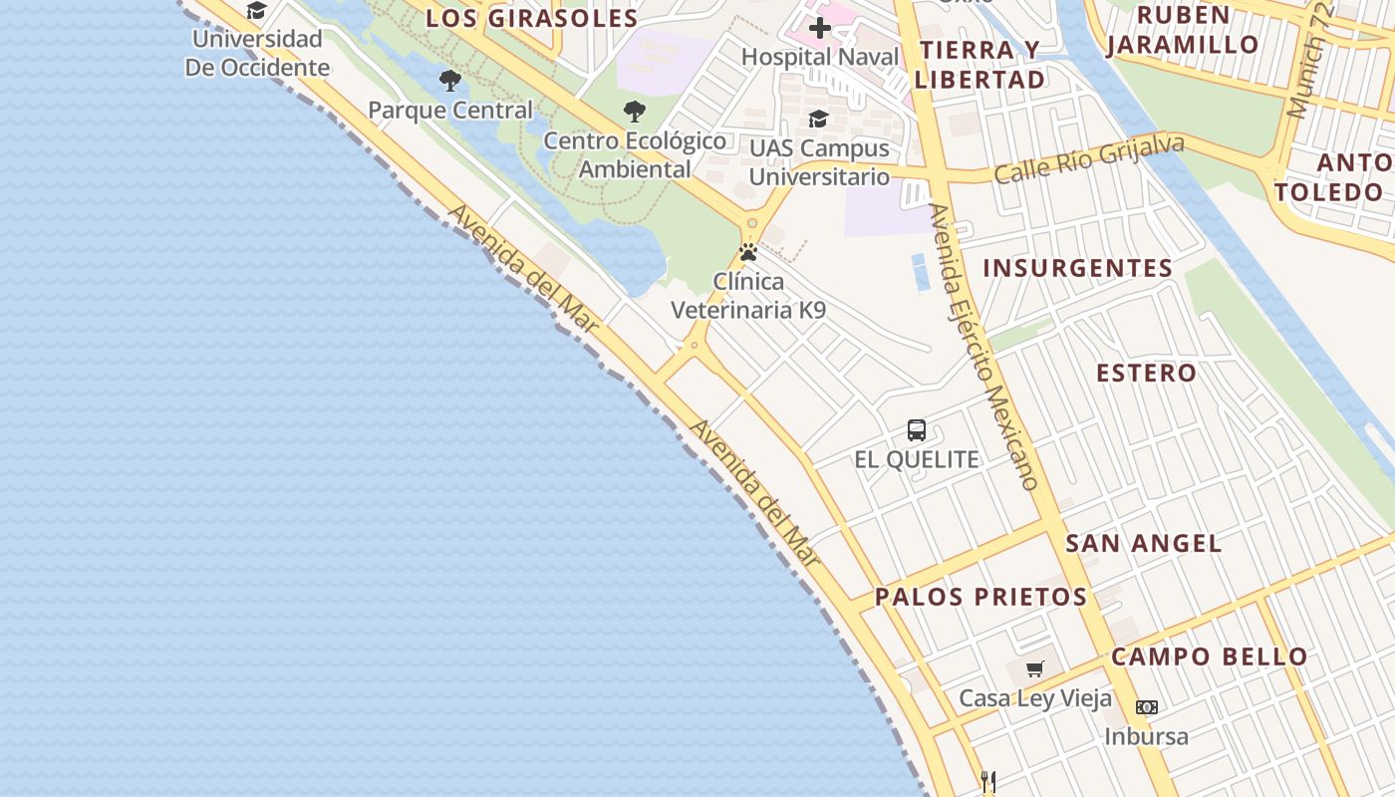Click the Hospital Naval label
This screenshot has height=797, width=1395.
point(820,57)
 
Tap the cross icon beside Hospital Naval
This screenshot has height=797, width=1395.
point(820,28)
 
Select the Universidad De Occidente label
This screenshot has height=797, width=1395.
point(257,54)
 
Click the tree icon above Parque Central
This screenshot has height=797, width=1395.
point(450,81)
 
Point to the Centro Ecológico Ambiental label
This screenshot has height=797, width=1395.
point(635,154)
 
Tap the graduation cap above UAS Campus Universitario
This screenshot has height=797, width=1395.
point(818,120)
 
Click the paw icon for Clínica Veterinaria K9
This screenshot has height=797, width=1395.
point(748,252)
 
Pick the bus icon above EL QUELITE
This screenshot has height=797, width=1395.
point(917,430)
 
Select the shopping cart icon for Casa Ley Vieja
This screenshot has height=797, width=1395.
point(1035,668)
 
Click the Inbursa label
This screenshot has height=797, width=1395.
point(1146,737)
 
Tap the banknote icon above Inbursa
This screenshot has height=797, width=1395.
point(1147,707)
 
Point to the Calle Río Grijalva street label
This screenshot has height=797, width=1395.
point(1089,159)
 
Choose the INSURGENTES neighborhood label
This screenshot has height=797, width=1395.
point(1078,268)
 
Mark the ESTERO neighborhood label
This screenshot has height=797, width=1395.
point(1146,374)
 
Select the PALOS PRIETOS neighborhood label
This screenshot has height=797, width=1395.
point(980,597)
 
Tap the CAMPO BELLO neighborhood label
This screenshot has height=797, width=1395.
point(1209,657)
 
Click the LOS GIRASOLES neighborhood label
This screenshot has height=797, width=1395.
point(532,18)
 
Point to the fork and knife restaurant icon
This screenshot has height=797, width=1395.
point(988,781)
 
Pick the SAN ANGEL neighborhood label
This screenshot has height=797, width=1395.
point(1143,543)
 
